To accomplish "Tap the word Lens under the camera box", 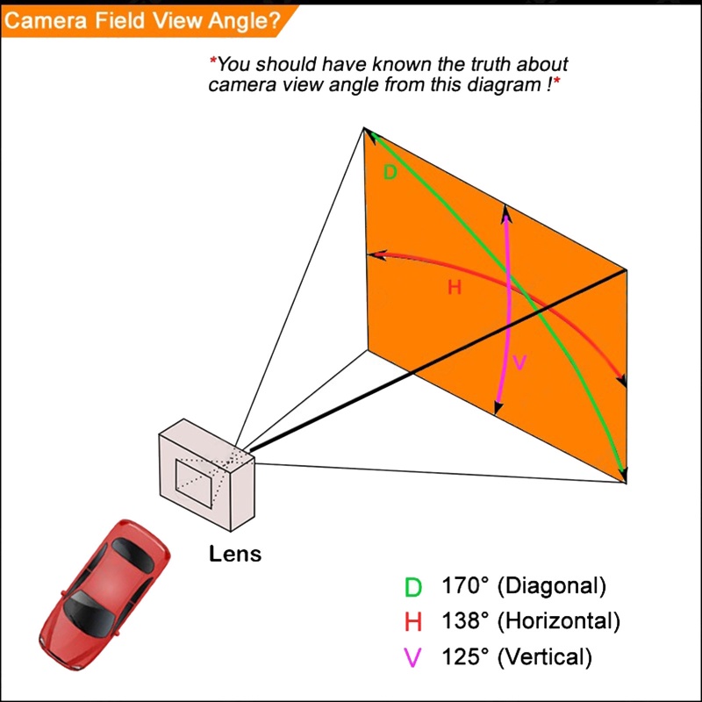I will (234, 555).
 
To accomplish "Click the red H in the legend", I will (413, 623).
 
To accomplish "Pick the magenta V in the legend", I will (412, 657).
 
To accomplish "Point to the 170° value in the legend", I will (465, 586).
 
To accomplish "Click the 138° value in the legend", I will (465, 621).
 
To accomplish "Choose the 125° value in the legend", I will (465, 655).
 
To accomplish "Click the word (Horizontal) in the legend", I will (558, 621).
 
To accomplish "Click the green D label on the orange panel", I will (390, 173).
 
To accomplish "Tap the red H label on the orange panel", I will (455, 287).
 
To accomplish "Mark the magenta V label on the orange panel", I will (519, 362).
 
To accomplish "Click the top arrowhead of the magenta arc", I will (505, 210).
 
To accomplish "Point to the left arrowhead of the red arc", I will (372, 255).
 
